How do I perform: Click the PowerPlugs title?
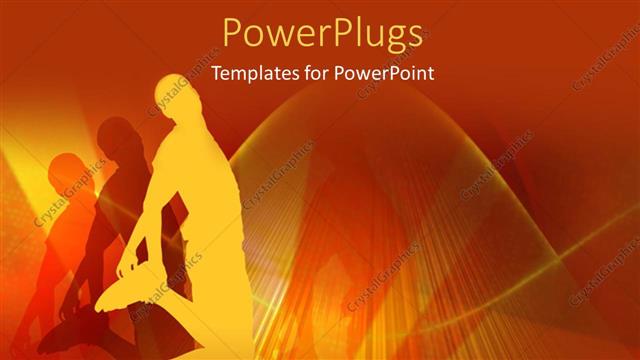point(320,33)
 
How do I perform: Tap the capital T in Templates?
point(217,72)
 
